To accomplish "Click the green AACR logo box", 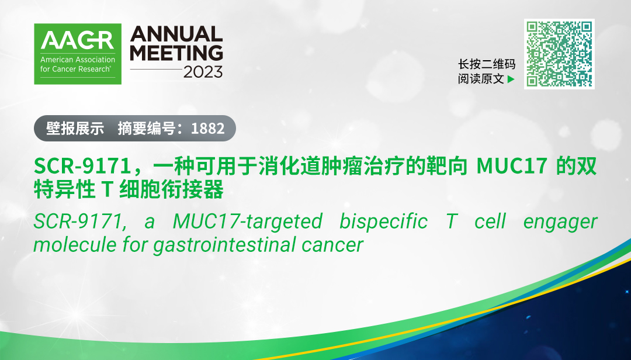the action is point(78,54).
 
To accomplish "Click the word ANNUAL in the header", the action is point(176,34).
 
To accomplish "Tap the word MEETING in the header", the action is point(176,53).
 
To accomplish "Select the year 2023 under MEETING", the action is point(203,72).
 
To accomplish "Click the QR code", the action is point(559,54).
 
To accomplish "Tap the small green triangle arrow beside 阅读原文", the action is point(511,79).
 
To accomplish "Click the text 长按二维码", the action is point(487,64).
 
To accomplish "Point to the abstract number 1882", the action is point(207,129).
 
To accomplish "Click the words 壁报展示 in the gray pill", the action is point(75,129).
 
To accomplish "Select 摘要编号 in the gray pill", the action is point(147,129).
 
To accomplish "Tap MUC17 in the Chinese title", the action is point(512,166).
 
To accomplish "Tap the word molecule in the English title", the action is point(74,244).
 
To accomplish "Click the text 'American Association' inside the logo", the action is point(78,60).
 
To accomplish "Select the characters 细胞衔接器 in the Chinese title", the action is point(172,189).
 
